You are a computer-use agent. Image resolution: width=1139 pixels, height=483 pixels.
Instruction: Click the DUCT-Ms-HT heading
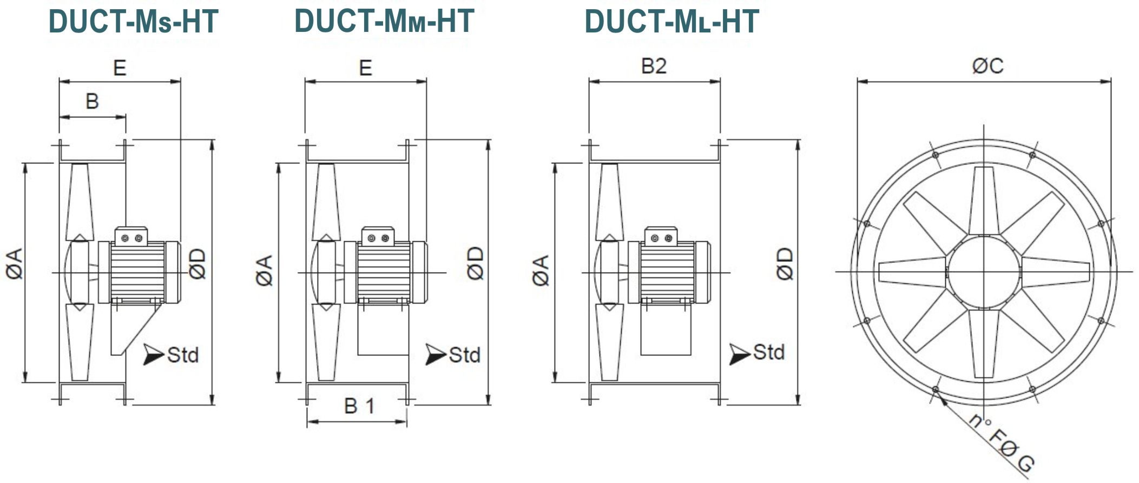tap(133, 22)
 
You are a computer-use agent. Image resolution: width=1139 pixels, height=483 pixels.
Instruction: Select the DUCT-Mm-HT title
tap(384, 21)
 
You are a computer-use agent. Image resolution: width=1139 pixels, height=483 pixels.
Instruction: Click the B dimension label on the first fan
tap(92, 101)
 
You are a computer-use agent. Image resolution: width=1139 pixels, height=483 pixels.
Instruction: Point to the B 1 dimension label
tap(359, 406)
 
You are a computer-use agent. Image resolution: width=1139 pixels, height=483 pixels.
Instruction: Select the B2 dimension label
tap(654, 66)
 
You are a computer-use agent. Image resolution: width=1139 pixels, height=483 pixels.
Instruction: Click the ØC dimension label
tap(987, 66)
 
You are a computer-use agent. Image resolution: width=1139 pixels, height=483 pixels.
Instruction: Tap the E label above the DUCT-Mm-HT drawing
tap(365, 68)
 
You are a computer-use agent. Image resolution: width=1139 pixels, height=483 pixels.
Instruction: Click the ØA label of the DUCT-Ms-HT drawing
tap(15, 263)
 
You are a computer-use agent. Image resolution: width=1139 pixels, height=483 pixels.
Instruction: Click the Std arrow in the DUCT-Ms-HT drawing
tap(153, 354)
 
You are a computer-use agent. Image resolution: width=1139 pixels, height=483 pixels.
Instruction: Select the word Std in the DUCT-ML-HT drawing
tap(768, 352)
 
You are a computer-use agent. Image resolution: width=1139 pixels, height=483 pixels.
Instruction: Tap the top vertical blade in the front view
tap(984, 200)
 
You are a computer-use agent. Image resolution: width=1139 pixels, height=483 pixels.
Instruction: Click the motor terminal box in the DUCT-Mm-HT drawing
tap(378, 237)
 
